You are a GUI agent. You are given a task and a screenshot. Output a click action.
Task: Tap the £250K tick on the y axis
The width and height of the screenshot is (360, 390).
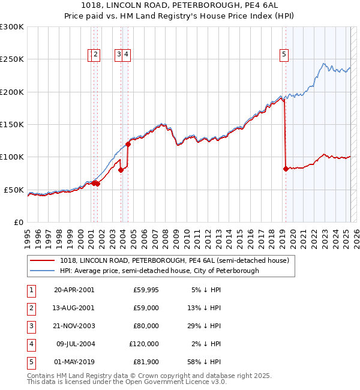12,59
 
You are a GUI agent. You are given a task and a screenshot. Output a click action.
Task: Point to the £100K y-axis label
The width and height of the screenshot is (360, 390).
12,157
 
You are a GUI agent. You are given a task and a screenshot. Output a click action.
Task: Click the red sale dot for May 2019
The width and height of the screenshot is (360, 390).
286,169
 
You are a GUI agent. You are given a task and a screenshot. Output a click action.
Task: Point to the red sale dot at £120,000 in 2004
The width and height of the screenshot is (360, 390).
128,144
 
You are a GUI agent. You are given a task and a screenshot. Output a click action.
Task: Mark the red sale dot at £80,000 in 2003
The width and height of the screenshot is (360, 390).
121,170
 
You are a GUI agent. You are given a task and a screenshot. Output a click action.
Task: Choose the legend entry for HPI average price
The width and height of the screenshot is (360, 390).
159,271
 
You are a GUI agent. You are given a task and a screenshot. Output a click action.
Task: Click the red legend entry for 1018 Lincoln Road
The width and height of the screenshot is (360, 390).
174,260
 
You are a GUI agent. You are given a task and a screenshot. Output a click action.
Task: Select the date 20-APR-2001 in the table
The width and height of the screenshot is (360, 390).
74,290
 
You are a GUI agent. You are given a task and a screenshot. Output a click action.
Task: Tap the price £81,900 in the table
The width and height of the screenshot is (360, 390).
146,362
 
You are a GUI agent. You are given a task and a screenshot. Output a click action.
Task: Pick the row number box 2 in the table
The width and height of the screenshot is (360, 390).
30,308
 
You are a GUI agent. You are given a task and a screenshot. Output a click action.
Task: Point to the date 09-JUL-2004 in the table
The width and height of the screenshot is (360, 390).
74,344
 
